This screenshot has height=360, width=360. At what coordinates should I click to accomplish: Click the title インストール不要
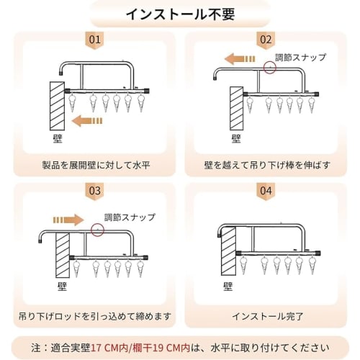coord(179,14)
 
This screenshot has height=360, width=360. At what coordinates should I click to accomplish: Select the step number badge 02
coord(266,39)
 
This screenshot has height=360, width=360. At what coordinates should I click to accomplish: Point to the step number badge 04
coord(266,191)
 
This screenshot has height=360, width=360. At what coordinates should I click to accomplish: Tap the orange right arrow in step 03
coord(68,217)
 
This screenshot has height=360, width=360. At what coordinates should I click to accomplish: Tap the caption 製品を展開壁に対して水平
coord(94,164)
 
